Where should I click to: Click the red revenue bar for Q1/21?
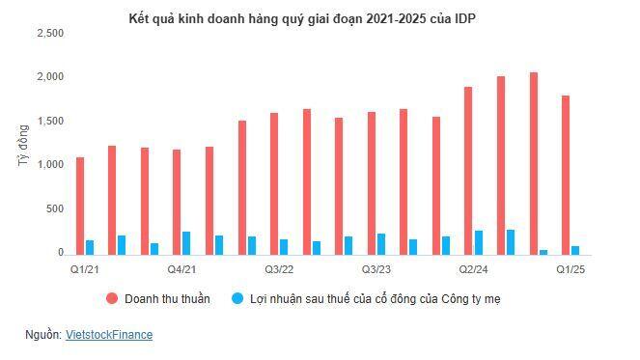80,205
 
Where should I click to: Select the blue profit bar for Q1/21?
90,247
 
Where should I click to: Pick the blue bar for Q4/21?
186,242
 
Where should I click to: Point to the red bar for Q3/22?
274,182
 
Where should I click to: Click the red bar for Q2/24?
468,170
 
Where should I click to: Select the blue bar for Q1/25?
574,249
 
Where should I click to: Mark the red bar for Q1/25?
565,174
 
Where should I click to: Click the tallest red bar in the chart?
533,162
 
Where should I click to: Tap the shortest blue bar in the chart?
543,251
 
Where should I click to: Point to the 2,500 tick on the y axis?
50,33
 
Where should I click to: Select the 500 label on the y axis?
55,208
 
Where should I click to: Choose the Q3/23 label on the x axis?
376,269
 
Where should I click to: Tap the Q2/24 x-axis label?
472,269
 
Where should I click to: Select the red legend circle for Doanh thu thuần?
112,299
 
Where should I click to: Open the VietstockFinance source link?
108,335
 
